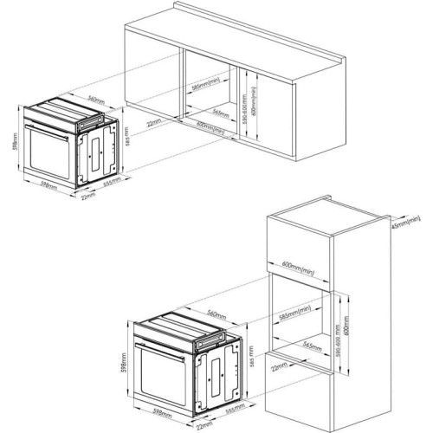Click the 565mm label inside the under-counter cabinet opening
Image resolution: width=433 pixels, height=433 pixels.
coord(222,113)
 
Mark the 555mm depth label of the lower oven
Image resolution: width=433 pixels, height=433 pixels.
coord(231,409)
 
